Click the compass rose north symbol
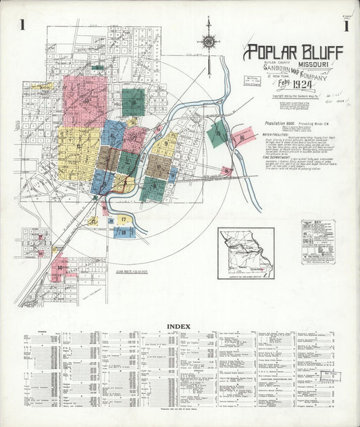click(209, 41)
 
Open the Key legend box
click(318, 241)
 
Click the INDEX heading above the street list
click(178, 326)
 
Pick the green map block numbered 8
click(134, 103)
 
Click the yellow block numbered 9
click(164, 144)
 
